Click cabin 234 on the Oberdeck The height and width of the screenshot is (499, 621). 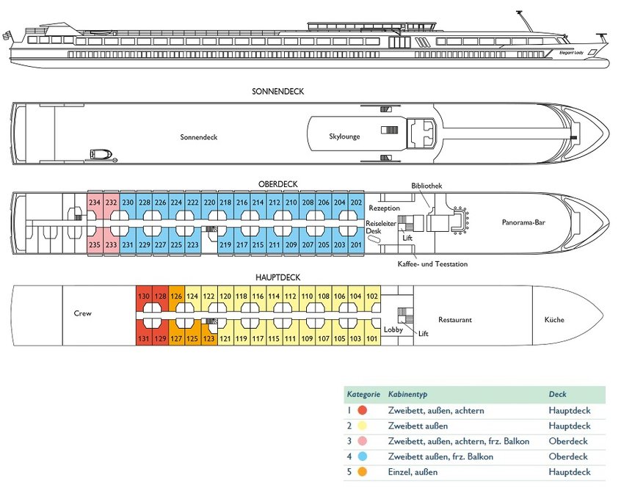pos(95,203)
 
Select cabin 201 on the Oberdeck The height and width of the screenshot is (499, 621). pos(357,244)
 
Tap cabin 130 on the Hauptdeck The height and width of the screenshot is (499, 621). pos(144,296)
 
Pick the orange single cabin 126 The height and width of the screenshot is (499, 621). pos(176,296)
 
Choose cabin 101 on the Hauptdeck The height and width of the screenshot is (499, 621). pos(372,338)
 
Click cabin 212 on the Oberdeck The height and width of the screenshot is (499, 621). pos(274,203)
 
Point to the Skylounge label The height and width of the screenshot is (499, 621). pos(344,136)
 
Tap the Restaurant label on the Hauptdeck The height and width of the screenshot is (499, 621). pos(455,320)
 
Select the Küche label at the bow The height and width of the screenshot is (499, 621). pos(554,320)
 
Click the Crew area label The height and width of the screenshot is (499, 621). pos(82,313)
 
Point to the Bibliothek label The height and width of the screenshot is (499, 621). pos(426,186)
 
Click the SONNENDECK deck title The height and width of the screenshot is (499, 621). pos(277,92)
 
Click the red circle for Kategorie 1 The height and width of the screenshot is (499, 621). pos(362,410)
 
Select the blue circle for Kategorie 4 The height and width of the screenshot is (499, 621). pos(362,456)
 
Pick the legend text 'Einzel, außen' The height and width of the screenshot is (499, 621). pos(414,472)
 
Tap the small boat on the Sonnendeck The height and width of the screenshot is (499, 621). pos(99,154)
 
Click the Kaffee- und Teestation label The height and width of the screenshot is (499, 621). pos(432,263)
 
